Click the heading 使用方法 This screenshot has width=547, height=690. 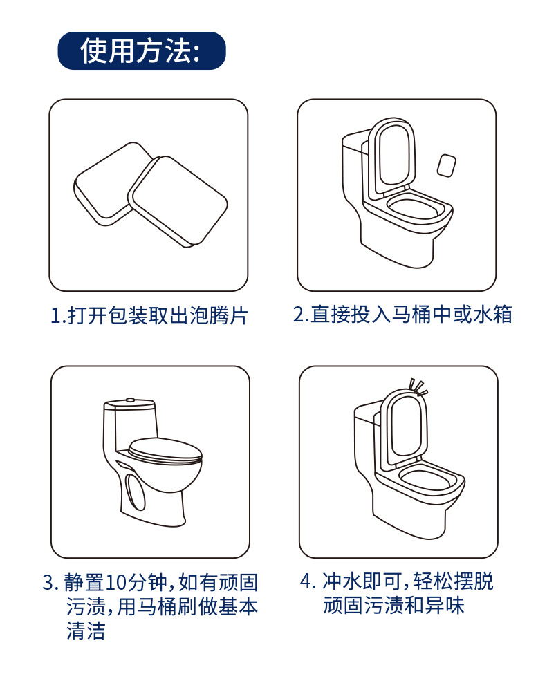[x=141, y=51]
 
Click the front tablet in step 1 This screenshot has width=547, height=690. [x=178, y=200]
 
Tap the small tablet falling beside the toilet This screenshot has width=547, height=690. [x=447, y=165]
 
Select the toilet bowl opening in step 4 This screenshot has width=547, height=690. [x=429, y=477]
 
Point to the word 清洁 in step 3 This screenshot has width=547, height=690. [x=86, y=631]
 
